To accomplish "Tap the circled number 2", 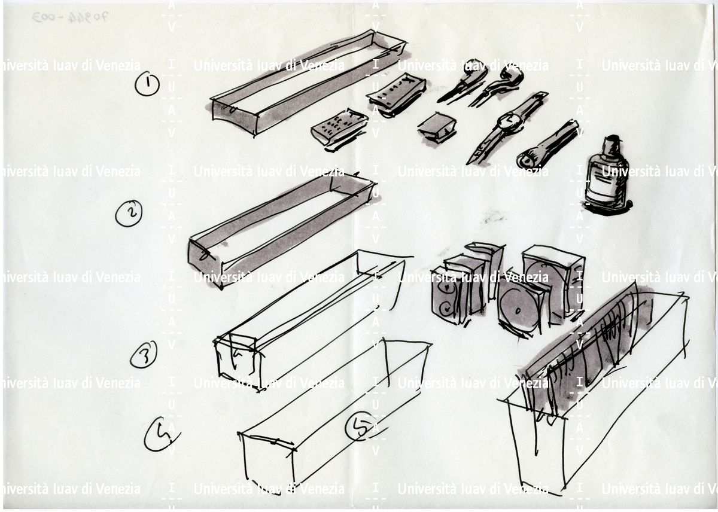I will [128, 213].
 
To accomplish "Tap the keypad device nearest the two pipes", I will [397, 93].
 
